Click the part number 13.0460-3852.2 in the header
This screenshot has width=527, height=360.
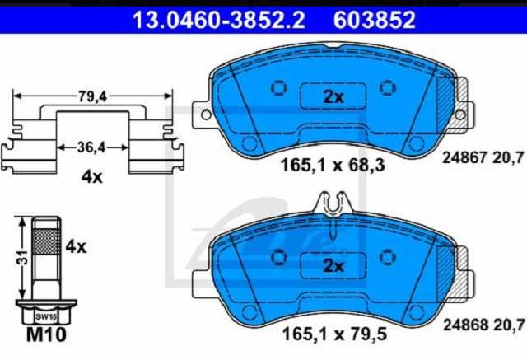pos(219,20)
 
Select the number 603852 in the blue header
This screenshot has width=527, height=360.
pos(375,20)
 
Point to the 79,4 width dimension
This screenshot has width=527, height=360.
pos(92,97)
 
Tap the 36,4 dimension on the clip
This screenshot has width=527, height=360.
pos(91,147)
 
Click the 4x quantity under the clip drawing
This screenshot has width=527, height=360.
pos(91,177)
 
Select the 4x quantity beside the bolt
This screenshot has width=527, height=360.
pos(76,247)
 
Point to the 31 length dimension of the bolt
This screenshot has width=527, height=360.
pos(23,257)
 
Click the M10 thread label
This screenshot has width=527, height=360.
pos(46,334)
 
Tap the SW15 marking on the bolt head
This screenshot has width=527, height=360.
pos(47,316)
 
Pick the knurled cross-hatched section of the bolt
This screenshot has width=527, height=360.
pos(47,241)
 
